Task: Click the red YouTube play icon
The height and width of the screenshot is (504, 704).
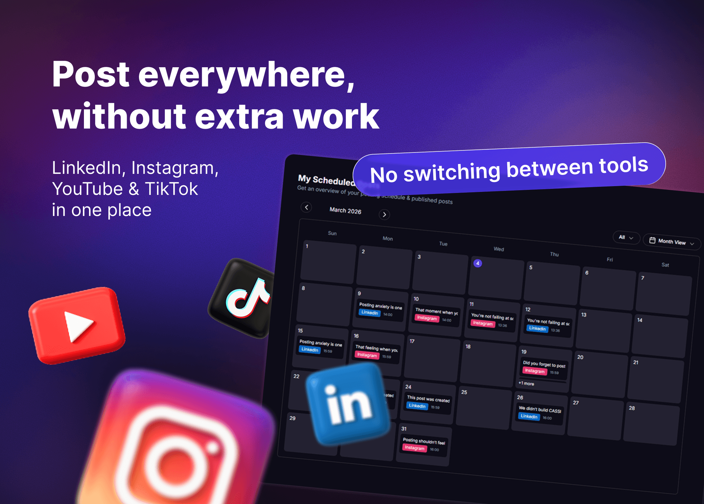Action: pos(77,325)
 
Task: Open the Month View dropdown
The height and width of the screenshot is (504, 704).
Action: pos(671,241)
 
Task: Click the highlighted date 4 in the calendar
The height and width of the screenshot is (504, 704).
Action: pos(478,263)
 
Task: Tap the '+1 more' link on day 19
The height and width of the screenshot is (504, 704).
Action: pos(526,383)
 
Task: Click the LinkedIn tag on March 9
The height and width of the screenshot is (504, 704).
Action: pos(370,313)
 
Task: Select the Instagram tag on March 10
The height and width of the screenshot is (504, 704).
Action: pos(427,318)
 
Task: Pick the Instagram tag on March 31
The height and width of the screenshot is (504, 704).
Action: pos(415,448)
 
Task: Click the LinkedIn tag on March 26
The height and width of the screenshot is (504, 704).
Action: pos(529,416)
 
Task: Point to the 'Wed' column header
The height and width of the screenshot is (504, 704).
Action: pos(499,249)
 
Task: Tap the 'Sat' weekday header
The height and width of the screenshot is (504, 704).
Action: pos(665,265)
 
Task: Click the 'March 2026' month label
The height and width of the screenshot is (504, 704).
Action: pos(345,211)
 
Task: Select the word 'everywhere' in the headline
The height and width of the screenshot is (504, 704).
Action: pos(246,75)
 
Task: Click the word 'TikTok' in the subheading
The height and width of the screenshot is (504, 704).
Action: pos(171,189)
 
